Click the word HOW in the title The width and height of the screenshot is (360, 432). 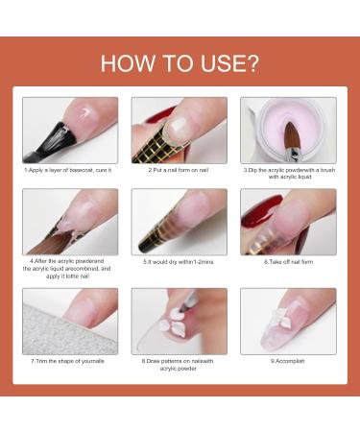point(127,63)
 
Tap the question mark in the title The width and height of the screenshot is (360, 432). point(252,63)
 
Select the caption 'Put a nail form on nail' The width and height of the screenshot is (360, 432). point(179,170)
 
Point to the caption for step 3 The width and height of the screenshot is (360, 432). point(289,174)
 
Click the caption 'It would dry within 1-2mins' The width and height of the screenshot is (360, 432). point(179,262)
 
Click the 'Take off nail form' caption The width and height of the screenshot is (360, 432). point(289,262)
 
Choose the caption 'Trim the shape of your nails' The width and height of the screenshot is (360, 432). point(67,361)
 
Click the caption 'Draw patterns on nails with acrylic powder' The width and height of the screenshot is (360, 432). point(178,365)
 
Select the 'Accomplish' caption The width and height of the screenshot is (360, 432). point(288,361)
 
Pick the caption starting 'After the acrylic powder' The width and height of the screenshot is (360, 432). point(67,269)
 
